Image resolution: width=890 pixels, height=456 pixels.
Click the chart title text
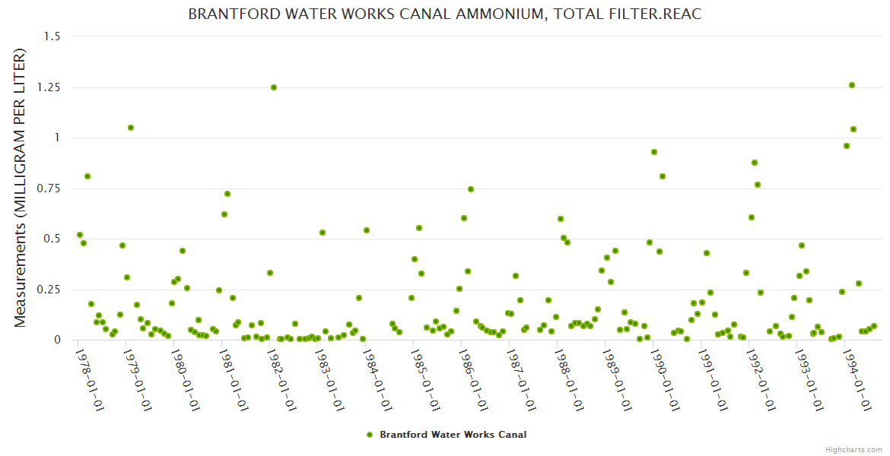point(444,14)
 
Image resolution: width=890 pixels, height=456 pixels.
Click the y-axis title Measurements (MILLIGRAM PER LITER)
point(21,188)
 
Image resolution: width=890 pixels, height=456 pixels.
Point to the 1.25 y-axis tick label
point(52,87)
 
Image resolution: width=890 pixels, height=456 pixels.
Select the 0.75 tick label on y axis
point(52,188)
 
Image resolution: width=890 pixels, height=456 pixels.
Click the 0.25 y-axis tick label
point(52,290)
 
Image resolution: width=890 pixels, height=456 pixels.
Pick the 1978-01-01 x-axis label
point(90,379)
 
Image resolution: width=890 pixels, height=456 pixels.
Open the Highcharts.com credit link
point(853,449)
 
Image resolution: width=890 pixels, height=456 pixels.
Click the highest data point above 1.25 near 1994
point(852,85)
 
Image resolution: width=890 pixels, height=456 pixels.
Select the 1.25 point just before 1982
point(274,87)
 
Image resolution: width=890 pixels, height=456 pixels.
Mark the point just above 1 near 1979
point(131,128)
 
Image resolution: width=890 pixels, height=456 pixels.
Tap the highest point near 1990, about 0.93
point(654,152)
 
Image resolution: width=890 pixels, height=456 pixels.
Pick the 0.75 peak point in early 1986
point(471,189)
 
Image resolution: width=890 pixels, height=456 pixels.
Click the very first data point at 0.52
point(80,235)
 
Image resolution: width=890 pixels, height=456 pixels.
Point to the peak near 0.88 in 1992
point(755,163)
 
